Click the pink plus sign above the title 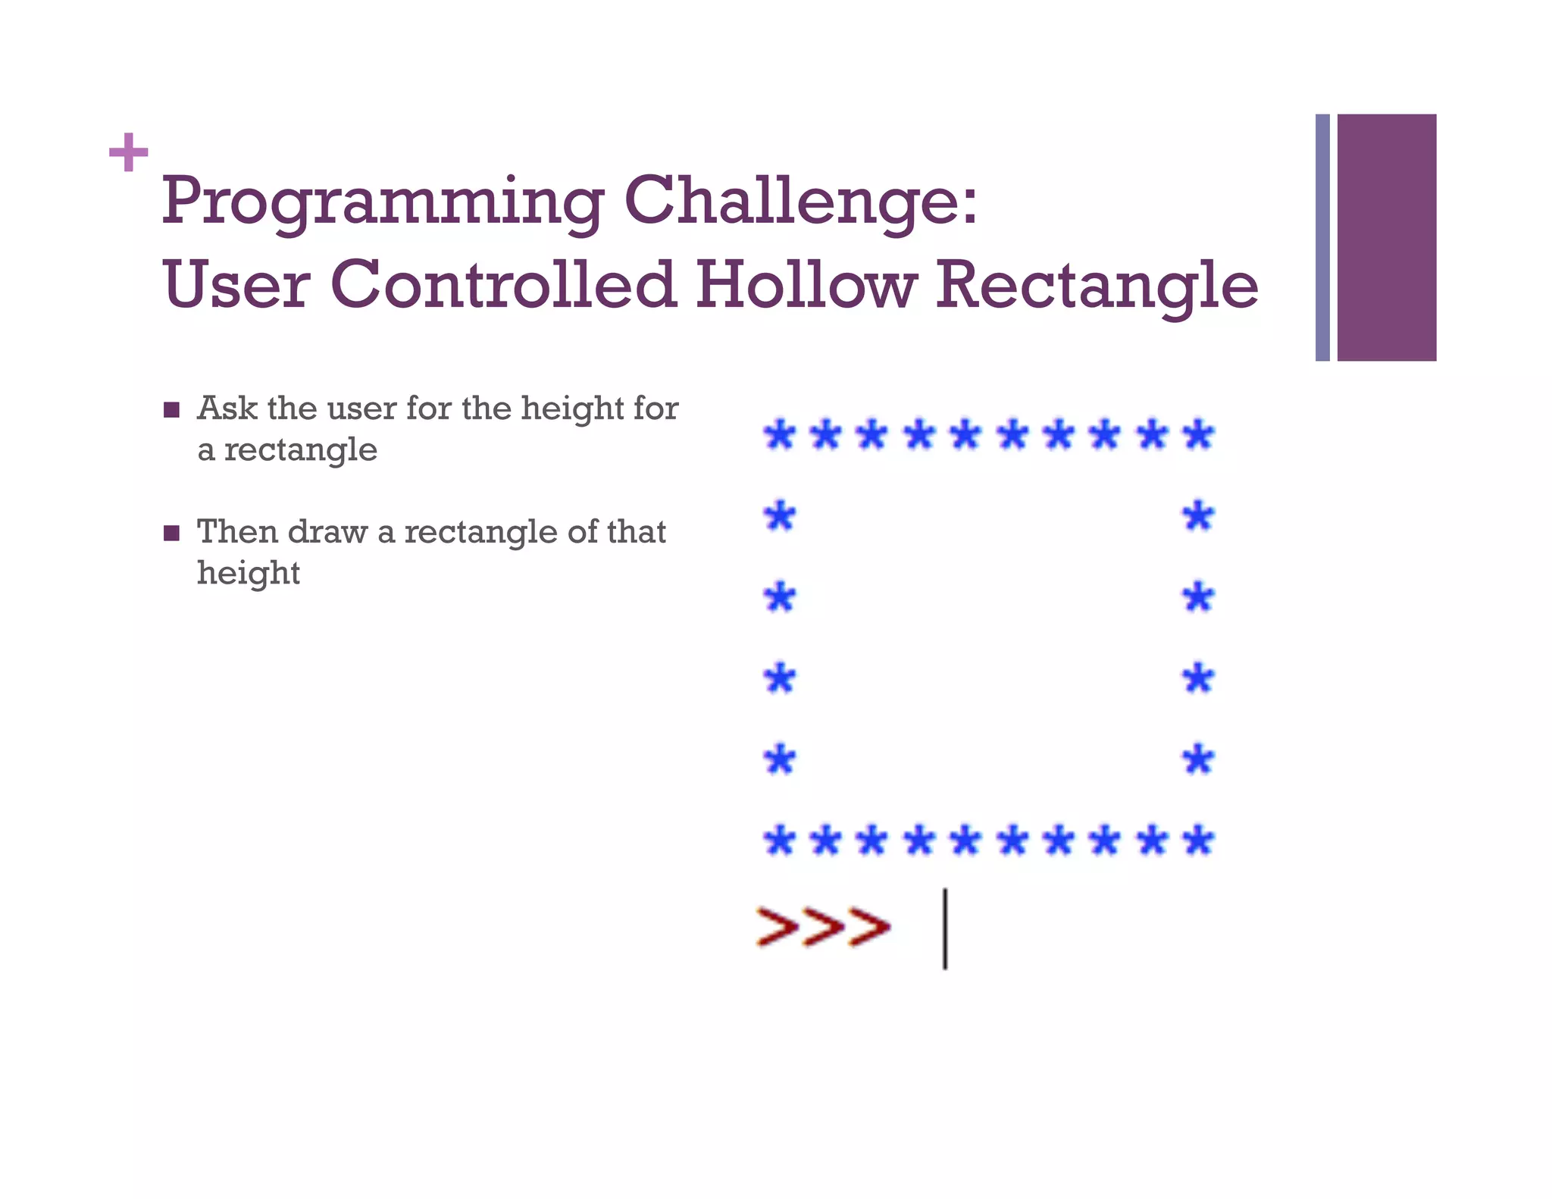click(128, 152)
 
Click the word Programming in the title click(383, 202)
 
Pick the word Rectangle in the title click(1097, 286)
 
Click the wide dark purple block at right click(1386, 237)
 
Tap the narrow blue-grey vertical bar click(1322, 237)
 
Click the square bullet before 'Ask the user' click(172, 410)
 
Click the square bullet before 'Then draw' click(172, 534)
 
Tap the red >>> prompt click(824, 926)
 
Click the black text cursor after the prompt click(944, 928)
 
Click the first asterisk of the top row click(779, 435)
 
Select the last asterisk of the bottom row click(1199, 841)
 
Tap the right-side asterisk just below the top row click(1199, 517)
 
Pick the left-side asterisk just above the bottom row click(780, 759)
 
